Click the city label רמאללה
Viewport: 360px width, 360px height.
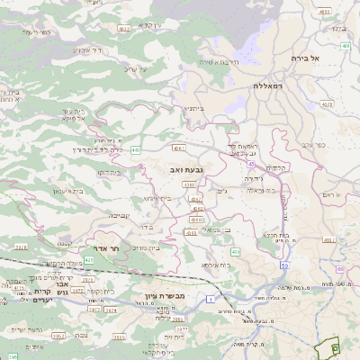coord(268,85)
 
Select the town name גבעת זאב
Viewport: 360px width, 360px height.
coord(184,168)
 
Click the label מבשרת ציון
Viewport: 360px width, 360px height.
coord(163,296)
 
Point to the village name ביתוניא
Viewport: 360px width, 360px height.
coord(193,107)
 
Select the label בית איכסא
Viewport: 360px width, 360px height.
coord(216,265)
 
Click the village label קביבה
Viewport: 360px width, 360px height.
coord(119,216)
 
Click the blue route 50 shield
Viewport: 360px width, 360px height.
coord(283,265)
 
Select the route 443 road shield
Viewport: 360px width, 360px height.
coord(135,150)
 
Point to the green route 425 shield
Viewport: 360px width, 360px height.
coord(18,246)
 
